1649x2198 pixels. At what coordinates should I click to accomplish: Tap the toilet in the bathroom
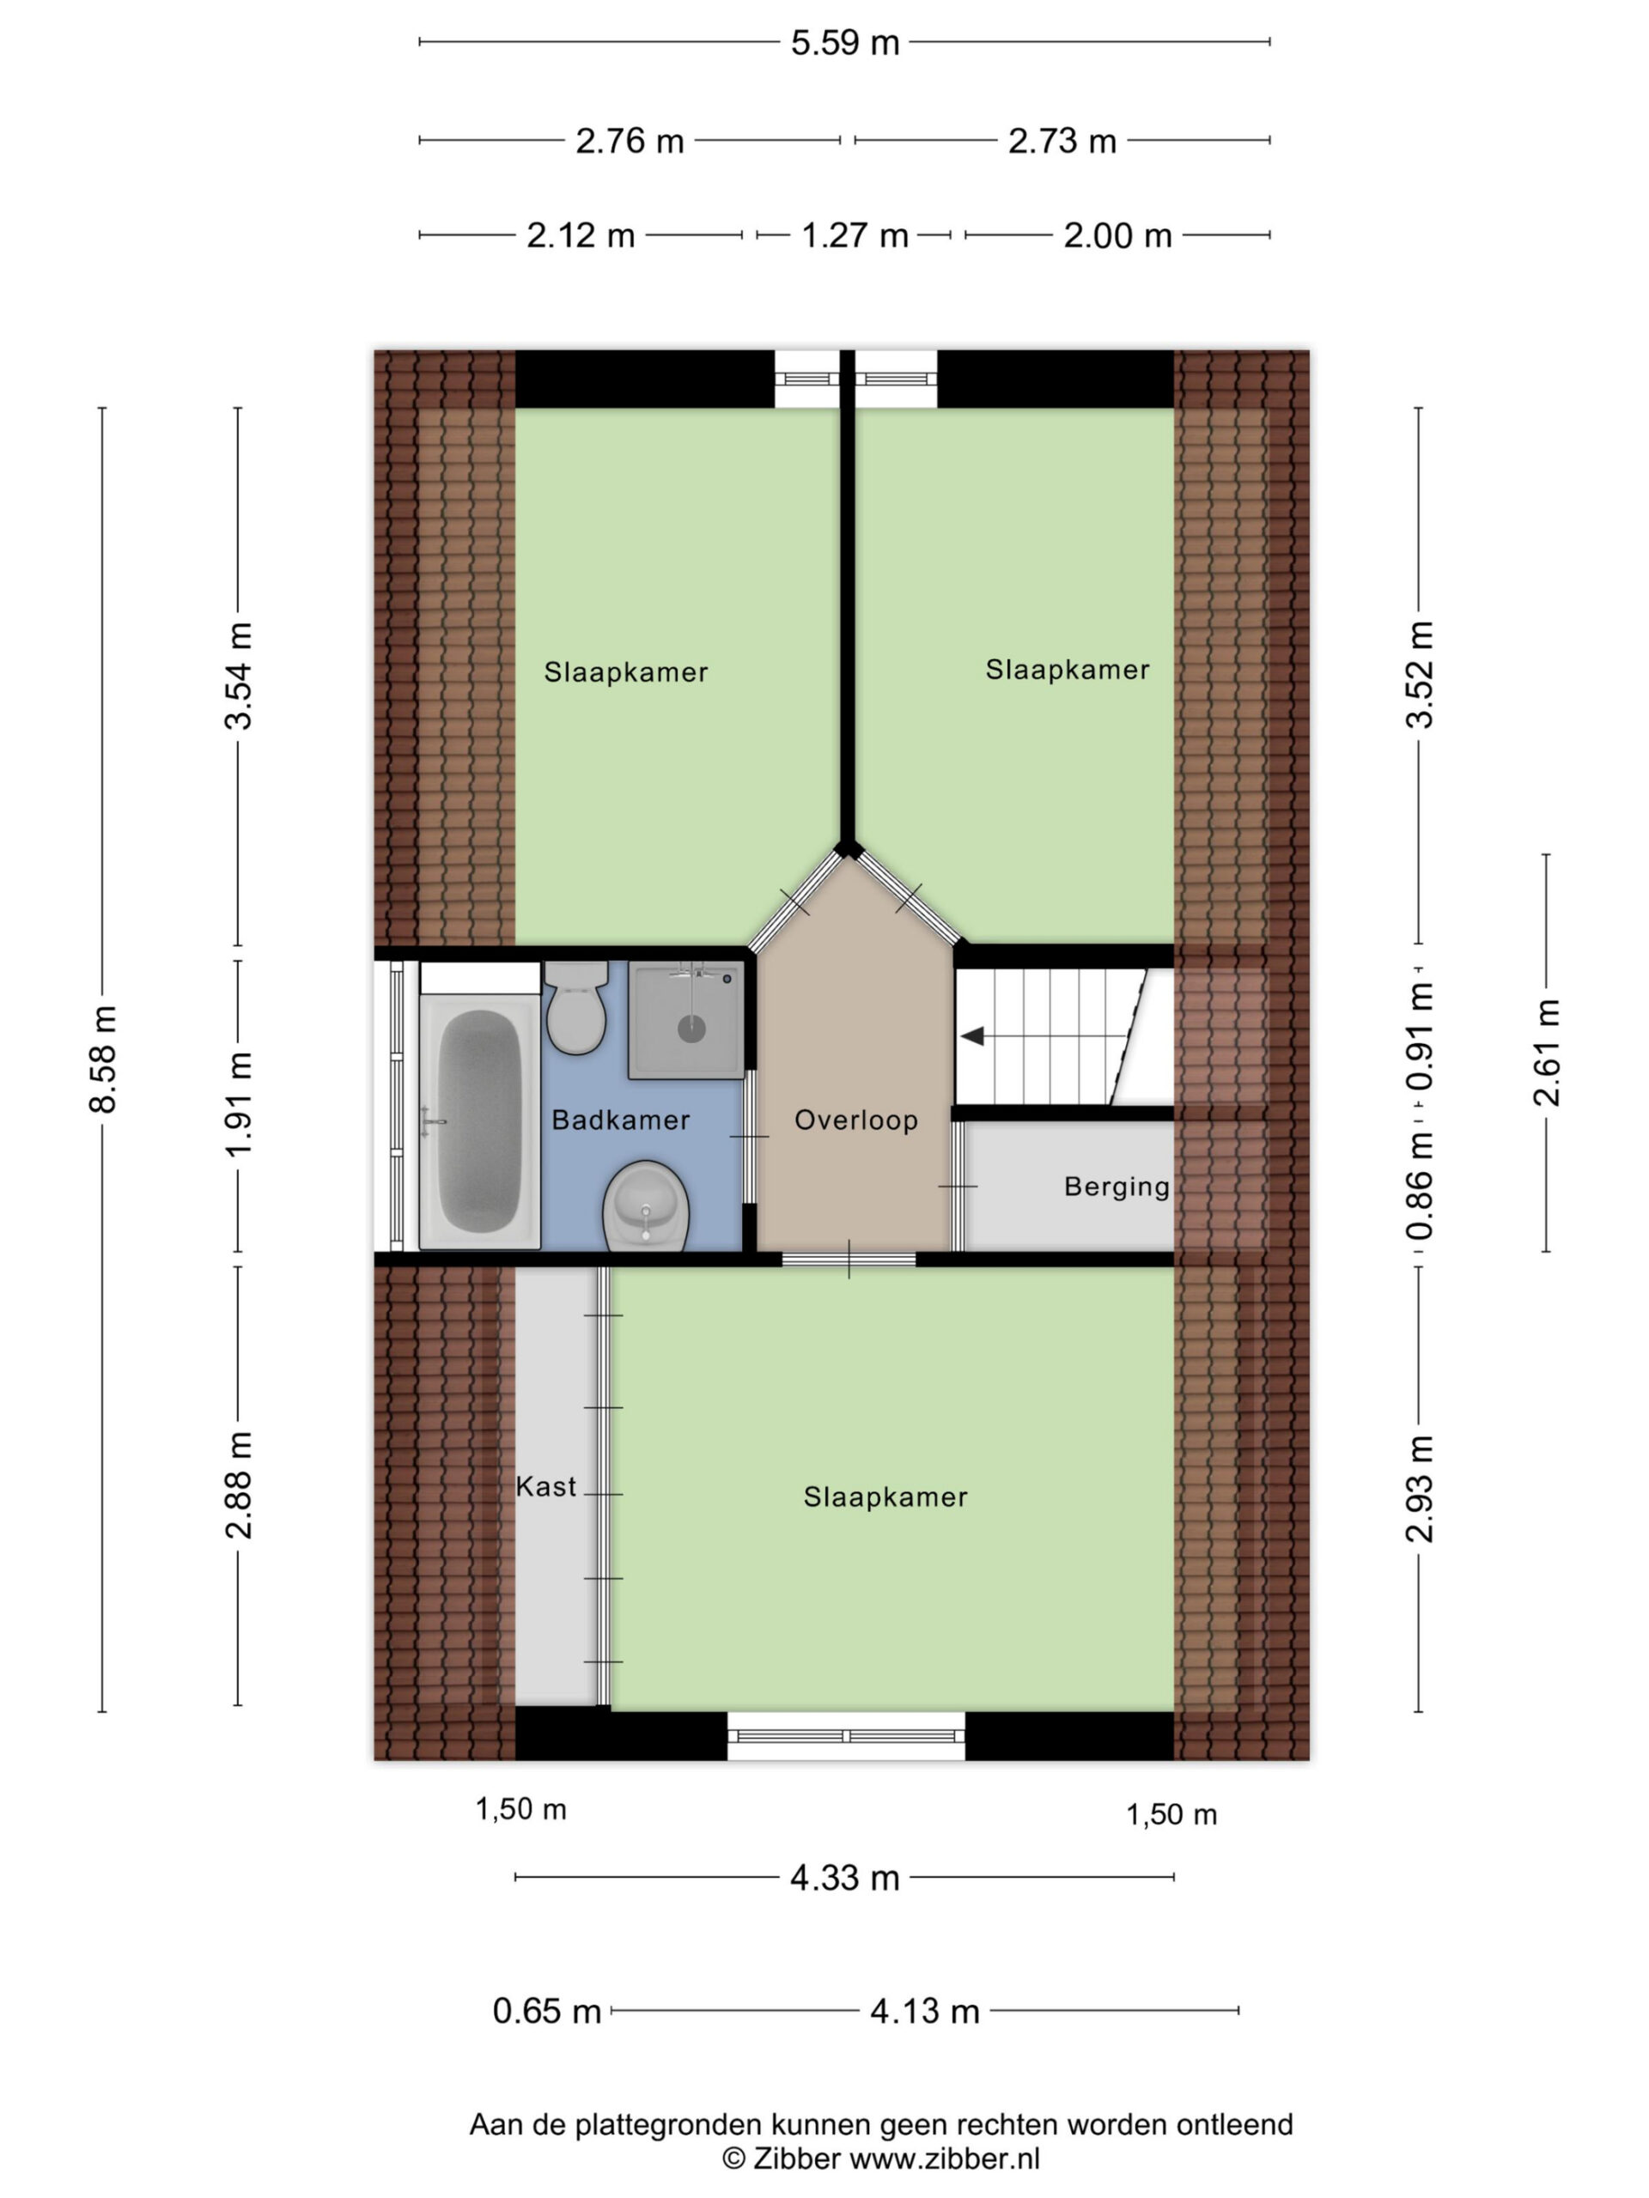[575, 1005]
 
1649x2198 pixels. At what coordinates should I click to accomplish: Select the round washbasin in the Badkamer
[646, 1205]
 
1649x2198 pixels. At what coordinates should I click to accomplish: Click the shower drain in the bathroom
[691, 1029]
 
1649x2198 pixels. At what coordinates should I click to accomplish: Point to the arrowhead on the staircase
[972, 1036]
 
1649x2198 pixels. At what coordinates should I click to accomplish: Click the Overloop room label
[855, 1120]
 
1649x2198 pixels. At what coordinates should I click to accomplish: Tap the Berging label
[1117, 1187]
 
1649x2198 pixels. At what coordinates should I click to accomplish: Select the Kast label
[545, 1486]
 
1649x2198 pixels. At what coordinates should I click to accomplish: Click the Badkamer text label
[620, 1120]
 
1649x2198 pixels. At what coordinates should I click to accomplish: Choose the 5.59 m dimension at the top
[845, 43]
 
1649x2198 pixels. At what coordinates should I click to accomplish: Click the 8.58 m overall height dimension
[103, 1059]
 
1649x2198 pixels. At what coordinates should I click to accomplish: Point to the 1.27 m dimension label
[855, 235]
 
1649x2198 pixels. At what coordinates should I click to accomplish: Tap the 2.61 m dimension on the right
[1547, 1053]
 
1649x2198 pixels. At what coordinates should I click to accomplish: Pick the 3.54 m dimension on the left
[239, 676]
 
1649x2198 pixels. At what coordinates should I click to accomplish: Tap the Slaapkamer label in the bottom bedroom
[885, 1497]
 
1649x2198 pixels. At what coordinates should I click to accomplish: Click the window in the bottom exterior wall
[846, 1735]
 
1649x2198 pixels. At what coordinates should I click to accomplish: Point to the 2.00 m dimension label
[1117, 235]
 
